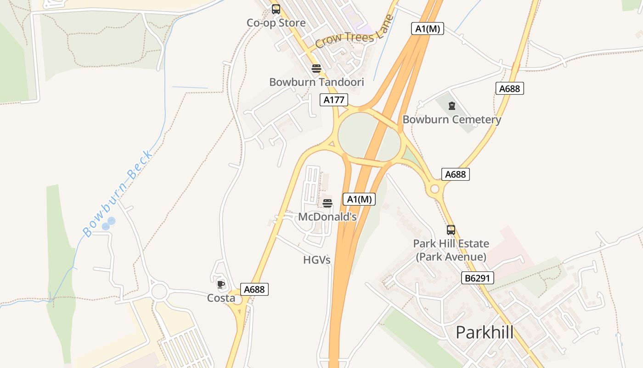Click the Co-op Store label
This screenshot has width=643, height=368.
pos(276,23)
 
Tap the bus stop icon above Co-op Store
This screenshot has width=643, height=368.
pos(276,9)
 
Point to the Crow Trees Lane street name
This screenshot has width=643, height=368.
pos(354,34)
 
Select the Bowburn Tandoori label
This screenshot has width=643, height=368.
pos(316,82)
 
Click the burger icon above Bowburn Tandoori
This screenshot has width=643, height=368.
pos(316,69)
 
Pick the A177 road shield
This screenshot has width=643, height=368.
pos(334,100)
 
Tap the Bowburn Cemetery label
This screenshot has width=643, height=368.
pos(451,120)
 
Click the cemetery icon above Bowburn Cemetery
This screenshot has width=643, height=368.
pos(452,106)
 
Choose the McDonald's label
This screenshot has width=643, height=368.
pos(327,217)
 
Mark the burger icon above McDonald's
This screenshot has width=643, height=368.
pos(327,203)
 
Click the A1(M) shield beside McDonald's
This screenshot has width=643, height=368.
pos(359,199)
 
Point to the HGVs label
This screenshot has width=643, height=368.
pos(317,260)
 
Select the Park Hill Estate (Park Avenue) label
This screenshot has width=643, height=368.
pos(451,250)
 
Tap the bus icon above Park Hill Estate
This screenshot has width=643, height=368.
pos(451,230)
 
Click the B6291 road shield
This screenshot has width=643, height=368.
pos(478,278)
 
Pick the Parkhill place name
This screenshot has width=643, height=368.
pos(485,332)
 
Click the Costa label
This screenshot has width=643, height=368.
pos(221,298)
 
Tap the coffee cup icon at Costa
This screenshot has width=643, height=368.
pos(221,284)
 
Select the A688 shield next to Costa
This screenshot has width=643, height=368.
pos(254,289)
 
